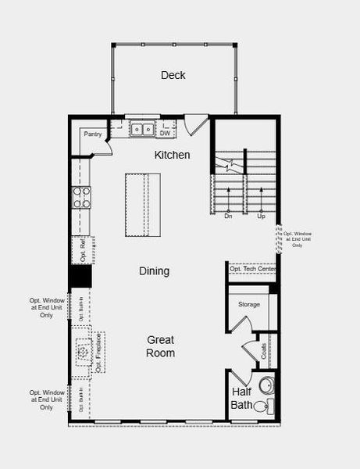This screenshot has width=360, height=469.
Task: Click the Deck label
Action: coord(173,76)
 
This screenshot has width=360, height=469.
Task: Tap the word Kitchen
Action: coord(172,155)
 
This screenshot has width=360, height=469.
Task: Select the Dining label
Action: coord(154,271)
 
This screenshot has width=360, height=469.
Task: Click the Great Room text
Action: coord(160,346)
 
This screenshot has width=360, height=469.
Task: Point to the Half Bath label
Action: coord(241,399)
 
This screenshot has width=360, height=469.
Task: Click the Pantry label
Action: coord(94,134)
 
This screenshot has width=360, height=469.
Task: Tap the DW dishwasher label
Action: coord(165,133)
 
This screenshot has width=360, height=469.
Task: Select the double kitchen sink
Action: coord(142,128)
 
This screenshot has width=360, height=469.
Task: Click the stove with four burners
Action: coord(82,198)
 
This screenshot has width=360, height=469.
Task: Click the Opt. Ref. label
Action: coord(83,249)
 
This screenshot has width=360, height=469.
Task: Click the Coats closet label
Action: coord(265,351)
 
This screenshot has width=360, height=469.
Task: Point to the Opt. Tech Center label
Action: coord(252,269)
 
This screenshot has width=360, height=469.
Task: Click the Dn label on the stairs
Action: coord(228,217)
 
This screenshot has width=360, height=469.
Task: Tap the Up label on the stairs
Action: coord(261,217)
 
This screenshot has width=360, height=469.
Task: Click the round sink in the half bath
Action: coord(266,385)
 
